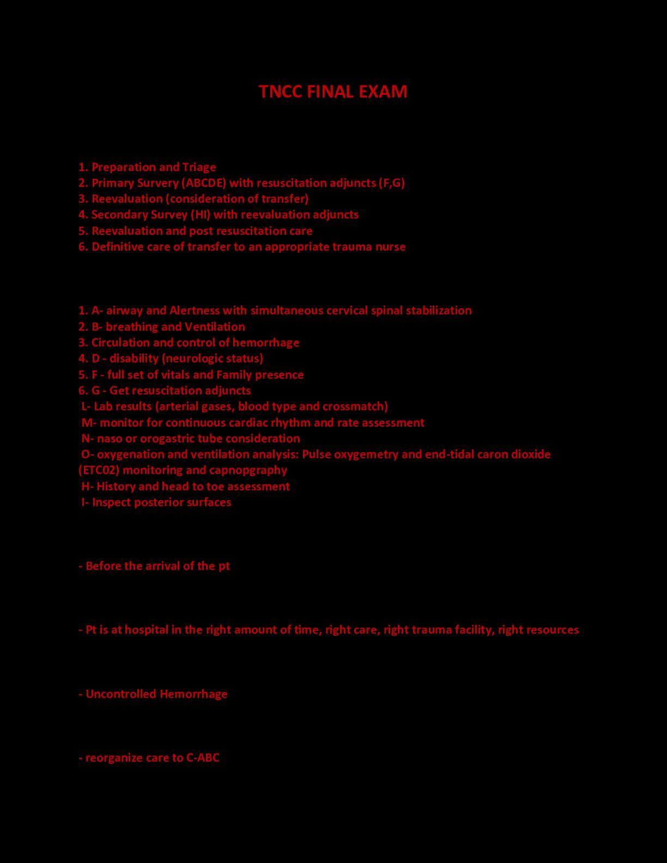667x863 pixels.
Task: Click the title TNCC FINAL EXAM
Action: tap(333, 92)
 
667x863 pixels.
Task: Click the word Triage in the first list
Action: tap(199, 167)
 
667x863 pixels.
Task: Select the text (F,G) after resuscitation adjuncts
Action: tap(391, 183)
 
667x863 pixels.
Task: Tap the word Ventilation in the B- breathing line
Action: tap(215, 327)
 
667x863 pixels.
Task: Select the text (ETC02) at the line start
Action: tap(99, 470)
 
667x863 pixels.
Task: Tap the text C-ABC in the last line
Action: tap(203, 758)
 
